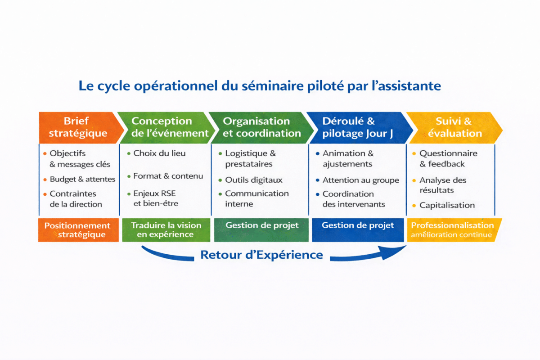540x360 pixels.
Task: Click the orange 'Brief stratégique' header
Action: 78,127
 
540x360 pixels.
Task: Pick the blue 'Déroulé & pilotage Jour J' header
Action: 355,127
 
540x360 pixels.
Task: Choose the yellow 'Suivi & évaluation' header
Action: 454,127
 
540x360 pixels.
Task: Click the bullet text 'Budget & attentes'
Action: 82,179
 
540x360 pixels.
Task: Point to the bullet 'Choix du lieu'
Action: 159,153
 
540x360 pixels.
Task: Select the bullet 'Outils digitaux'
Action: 254,180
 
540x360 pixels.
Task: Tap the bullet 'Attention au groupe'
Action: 360,180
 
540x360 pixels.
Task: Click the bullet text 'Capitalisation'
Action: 447,205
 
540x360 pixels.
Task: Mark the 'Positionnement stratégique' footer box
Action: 77,230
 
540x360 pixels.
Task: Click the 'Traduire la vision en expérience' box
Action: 166,230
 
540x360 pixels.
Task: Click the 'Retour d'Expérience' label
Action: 261,255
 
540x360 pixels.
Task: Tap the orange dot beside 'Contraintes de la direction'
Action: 45,194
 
